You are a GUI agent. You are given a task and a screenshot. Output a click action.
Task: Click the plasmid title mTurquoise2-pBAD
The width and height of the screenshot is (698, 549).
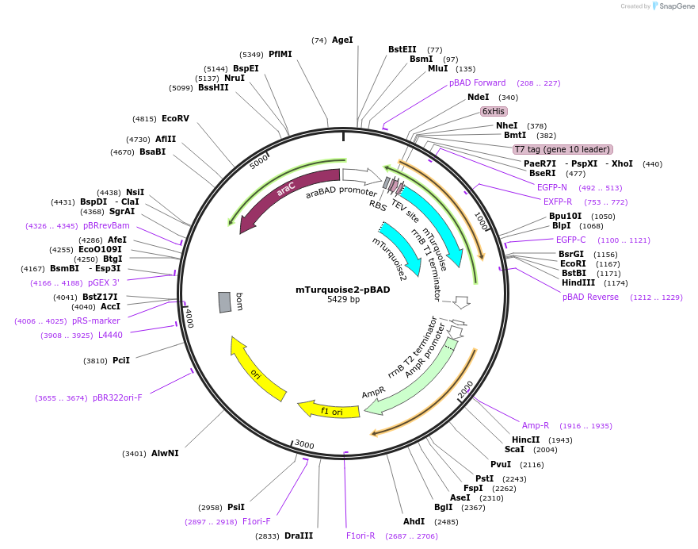[343, 290]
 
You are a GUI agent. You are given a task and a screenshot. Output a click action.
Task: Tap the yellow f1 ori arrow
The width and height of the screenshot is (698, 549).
[328, 410]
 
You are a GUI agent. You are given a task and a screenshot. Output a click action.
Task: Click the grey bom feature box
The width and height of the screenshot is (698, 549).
[226, 301]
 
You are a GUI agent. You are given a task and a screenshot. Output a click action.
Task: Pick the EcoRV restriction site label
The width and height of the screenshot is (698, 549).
[175, 119]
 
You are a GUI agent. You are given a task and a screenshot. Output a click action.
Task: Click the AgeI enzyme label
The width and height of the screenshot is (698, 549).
[342, 40]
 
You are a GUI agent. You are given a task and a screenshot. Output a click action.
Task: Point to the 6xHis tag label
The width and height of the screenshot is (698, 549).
[494, 111]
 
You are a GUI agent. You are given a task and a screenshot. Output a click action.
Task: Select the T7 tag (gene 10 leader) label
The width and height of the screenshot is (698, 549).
[563, 149]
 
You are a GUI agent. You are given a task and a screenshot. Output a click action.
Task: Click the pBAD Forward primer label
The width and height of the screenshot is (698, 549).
[477, 83]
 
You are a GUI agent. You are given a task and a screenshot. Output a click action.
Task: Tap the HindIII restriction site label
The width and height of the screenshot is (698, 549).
[578, 282]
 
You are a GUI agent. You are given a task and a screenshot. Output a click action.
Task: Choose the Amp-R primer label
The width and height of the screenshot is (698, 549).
[536, 425]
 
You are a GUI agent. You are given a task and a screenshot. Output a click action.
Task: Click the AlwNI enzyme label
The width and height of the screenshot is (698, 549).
[165, 454]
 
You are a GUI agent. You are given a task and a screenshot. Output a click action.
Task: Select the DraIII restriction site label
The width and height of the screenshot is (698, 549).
[299, 536]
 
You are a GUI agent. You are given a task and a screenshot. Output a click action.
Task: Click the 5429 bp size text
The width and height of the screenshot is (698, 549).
[343, 300]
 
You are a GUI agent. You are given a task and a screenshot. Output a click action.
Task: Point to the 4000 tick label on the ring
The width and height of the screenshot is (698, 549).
[189, 318]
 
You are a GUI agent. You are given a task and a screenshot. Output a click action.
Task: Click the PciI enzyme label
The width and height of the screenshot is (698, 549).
[121, 361]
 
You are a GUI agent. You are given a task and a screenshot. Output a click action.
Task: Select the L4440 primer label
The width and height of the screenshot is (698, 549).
[110, 335]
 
